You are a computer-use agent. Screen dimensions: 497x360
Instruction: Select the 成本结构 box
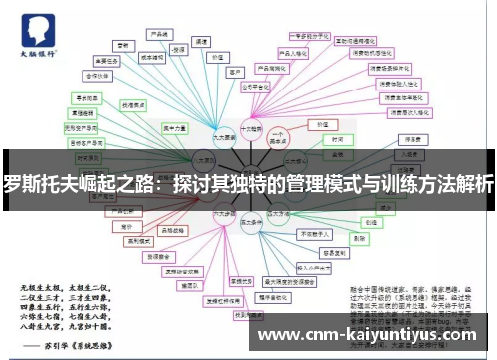pyautogui.click(x=150, y=58)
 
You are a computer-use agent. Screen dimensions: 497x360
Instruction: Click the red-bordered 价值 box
pyautogui.click(x=319, y=125)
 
